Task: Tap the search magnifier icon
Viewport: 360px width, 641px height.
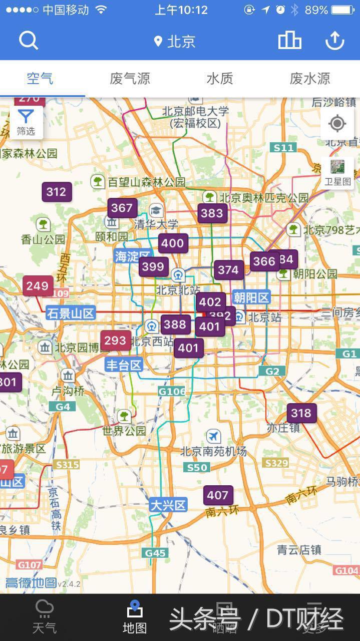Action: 29,41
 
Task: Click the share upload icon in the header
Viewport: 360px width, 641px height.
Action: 334,41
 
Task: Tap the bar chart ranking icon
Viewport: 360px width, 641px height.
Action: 289,41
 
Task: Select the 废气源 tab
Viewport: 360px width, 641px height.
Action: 130,79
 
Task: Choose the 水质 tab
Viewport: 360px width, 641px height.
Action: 220,79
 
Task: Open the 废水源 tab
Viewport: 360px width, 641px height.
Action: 309,79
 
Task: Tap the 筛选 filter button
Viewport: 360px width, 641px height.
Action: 26,123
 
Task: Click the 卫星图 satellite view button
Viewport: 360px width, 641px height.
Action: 337,173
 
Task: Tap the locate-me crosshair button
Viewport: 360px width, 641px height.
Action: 337,123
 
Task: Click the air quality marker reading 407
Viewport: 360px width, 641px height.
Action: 218,495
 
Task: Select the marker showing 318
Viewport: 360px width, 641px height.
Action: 301,413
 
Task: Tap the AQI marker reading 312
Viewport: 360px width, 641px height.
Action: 56,192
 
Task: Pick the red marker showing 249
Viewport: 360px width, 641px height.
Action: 38,286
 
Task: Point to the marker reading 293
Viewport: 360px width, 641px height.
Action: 115,341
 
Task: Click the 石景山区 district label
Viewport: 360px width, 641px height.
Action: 71,313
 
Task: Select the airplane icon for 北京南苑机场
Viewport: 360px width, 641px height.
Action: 213,436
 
